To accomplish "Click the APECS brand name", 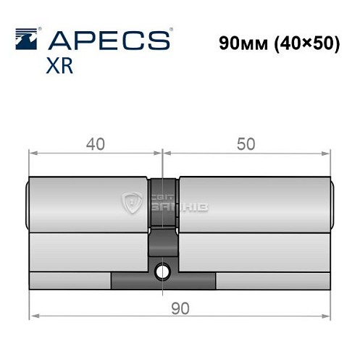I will (109, 40).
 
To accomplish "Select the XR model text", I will (59, 67).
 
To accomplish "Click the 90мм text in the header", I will (242, 43).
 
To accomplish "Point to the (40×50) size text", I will (306, 43).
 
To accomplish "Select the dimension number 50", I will (245, 144).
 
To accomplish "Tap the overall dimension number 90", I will (180, 308).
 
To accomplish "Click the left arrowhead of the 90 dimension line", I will (33, 316).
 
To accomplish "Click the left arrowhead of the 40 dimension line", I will (33, 152).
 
